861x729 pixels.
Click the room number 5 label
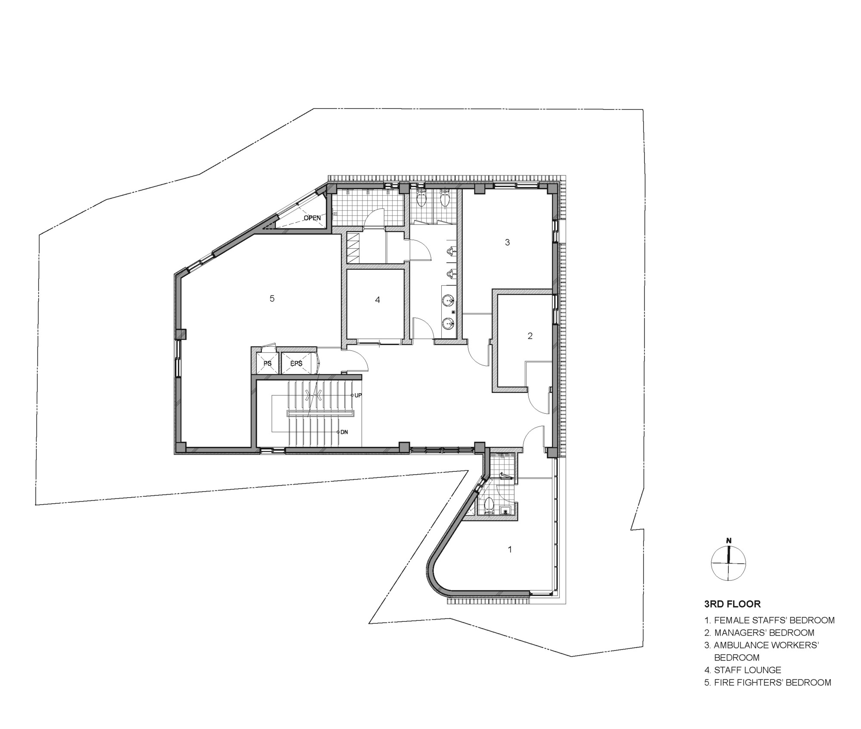point(272,299)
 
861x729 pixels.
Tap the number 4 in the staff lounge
point(378,300)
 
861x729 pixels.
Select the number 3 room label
point(507,243)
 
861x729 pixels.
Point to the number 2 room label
point(530,336)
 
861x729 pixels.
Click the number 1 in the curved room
point(510,549)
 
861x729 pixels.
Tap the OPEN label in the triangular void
point(312,218)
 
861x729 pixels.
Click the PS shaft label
point(267,364)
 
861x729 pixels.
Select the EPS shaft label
point(296,364)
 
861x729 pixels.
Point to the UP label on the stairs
point(358,395)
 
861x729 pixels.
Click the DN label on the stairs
point(344,432)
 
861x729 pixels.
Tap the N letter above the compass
point(728,541)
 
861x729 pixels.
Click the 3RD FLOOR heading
point(732,604)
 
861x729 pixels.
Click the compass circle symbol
point(728,563)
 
